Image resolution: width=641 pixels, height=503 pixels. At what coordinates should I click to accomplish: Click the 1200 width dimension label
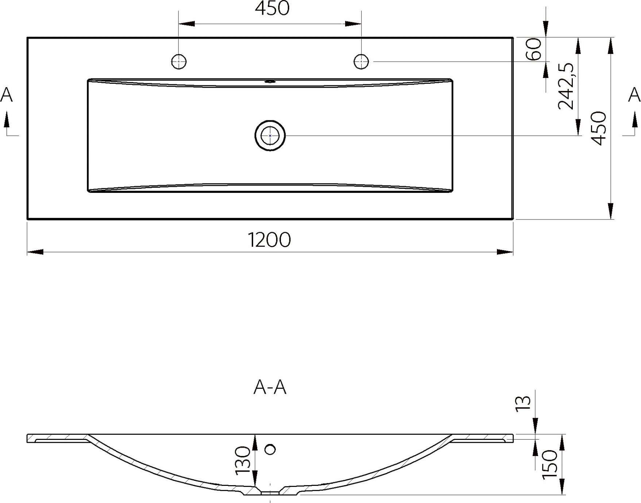[x=270, y=240]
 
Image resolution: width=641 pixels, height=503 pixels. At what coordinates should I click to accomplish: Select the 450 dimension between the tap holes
[x=272, y=8]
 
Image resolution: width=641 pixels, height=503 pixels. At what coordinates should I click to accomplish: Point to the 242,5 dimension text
[x=566, y=86]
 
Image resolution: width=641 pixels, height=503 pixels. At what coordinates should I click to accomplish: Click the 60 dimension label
[x=533, y=50]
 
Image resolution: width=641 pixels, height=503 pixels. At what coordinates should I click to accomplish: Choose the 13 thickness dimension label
[x=523, y=403]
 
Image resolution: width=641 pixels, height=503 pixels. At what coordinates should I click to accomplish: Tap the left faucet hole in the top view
[x=179, y=61]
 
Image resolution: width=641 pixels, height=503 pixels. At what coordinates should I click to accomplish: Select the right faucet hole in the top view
[x=361, y=61]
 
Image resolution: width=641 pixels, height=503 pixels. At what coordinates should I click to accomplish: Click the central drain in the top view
[x=270, y=136]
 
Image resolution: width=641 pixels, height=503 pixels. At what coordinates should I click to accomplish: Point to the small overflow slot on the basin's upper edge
[x=270, y=82]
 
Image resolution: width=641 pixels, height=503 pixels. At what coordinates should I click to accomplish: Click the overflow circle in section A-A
[x=270, y=449]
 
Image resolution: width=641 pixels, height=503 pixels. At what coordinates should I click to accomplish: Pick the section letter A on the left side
[x=7, y=95]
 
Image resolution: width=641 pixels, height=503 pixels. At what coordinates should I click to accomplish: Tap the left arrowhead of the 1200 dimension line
[x=35, y=252]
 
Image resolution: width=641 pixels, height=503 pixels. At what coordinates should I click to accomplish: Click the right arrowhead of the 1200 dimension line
[x=505, y=252]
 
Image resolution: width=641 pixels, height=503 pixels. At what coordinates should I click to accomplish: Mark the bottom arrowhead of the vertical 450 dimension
[x=610, y=211]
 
